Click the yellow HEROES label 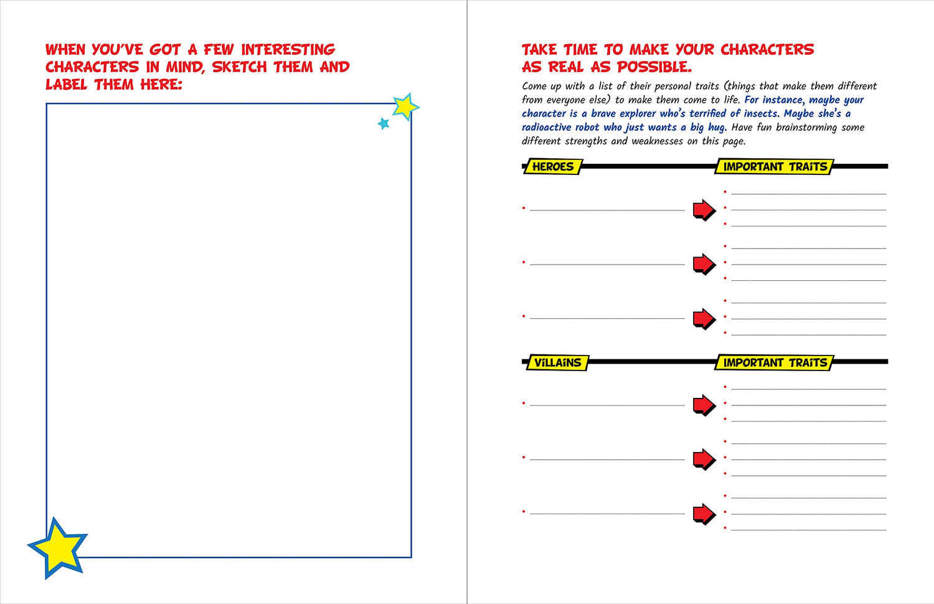553,166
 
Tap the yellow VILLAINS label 557,362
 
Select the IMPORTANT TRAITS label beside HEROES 775,166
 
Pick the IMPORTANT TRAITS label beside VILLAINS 775,362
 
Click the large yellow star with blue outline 59,548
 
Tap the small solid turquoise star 384,123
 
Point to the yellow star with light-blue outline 405,106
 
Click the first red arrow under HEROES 704,210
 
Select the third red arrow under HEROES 704,319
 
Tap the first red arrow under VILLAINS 704,405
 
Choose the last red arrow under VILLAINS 704,514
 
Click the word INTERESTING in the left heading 288,49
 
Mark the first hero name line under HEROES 607,210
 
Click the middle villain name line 607,460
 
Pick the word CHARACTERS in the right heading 767,49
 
